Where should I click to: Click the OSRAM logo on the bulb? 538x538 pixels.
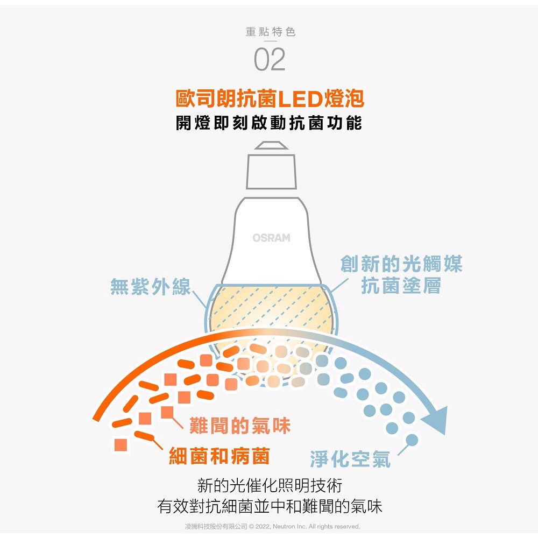271,238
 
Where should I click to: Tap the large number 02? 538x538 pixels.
270,60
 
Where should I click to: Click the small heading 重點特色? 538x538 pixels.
270,32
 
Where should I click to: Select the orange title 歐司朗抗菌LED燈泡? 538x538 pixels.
270,99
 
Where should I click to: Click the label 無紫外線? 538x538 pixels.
151,287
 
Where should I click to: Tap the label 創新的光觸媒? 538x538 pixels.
401,264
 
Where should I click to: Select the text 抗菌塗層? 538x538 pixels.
401,286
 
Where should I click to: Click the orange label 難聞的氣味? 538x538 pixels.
240,427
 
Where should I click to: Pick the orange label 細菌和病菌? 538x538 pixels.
219,457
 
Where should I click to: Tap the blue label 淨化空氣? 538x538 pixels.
350,459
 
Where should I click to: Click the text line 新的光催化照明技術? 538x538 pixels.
270,486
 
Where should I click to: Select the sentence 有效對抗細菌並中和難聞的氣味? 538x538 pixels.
270,506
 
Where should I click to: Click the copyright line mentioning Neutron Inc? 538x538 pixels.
272,526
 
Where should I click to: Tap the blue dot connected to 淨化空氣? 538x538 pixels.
412,440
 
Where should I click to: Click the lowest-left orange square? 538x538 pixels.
121,445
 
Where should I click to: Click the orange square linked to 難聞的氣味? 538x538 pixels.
167,413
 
